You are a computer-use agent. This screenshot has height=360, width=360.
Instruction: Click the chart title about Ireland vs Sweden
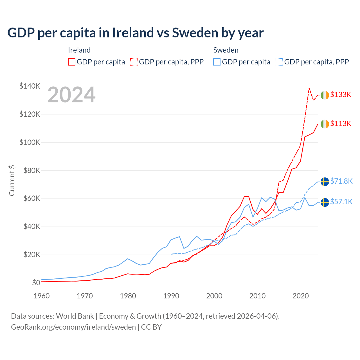[x=135, y=33]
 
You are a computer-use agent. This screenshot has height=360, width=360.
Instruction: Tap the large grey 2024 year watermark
[x=71, y=95]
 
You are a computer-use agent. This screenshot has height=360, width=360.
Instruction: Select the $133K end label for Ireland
[x=341, y=94]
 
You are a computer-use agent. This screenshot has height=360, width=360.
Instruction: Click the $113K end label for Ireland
[x=341, y=123]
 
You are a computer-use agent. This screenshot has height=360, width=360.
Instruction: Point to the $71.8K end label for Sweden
[x=341, y=181]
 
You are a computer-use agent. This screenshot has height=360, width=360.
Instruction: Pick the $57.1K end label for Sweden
[x=341, y=202]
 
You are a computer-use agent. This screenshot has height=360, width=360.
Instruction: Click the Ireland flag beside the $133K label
[x=325, y=95]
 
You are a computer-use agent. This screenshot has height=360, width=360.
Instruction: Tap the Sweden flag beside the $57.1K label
[x=325, y=202]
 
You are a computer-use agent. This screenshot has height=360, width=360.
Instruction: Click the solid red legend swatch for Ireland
[x=72, y=62]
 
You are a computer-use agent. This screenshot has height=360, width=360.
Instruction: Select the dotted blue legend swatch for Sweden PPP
[x=279, y=62]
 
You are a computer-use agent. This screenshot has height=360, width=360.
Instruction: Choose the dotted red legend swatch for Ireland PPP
[x=134, y=62]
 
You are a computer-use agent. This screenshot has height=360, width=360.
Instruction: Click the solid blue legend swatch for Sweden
[x=217, y=62]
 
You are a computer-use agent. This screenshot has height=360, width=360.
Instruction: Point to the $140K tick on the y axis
[x=30, y=86]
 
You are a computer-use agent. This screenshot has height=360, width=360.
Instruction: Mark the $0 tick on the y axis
[x=36, y=283]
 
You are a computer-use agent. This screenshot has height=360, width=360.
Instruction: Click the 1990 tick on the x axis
[x=171, y=296]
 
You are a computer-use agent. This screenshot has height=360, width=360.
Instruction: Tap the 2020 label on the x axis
[x=301, y=296]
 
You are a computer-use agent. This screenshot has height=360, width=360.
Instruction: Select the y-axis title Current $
[x=12, y=181]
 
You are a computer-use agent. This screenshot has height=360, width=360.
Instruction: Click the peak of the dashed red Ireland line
[x=309, y=88]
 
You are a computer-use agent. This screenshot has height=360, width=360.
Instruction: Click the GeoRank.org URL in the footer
[x=73, y=327]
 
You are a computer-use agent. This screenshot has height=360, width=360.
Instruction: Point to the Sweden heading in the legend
[x=226, y=50]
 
